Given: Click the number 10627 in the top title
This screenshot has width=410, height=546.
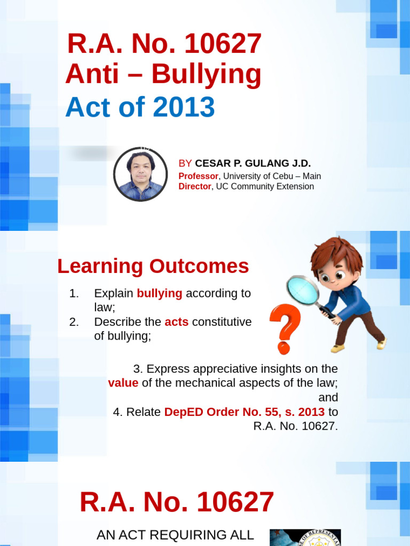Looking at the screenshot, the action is point(223,44).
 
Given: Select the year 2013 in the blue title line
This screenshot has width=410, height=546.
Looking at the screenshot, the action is point(184,107).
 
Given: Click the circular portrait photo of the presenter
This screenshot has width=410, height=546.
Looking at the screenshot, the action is point(140,174).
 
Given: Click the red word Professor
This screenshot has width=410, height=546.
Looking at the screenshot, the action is point(199,176).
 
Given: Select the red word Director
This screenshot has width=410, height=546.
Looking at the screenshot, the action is point(195,186).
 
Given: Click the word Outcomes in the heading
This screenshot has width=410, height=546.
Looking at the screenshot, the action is point(199,267).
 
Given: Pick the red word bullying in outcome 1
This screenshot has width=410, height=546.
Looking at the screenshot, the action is point(159,294).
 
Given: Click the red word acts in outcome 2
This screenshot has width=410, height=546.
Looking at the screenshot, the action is point(176,322).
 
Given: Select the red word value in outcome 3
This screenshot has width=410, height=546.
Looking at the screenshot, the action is point(123,383).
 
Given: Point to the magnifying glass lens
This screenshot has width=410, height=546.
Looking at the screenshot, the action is point(303,290).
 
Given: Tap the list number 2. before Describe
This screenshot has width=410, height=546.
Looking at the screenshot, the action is point(74,322).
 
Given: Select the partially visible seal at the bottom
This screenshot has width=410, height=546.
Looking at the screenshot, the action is point(305,537).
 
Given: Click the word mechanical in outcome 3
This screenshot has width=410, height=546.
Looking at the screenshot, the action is point(204,383).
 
